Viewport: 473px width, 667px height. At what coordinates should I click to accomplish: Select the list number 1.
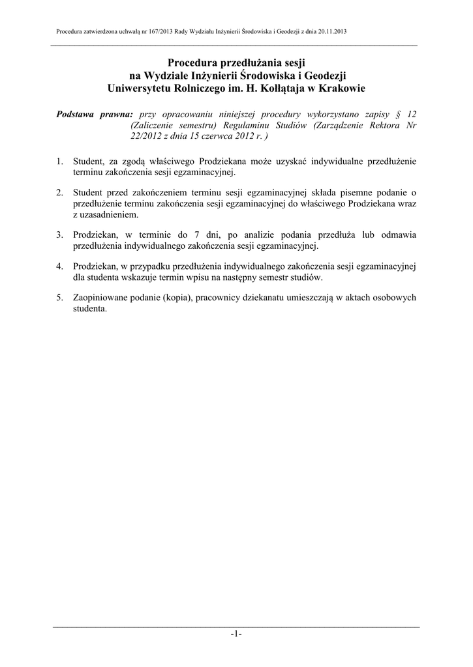pyautogui.click(x=59, y=160)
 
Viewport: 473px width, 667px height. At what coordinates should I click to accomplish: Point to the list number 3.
pyautogui.click(x=59, y=234)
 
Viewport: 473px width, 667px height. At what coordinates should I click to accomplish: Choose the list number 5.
pyautogui.click(x=59, y=298)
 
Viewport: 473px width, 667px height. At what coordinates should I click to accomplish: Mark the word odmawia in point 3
pyautogui.click(x=398, y=234)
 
